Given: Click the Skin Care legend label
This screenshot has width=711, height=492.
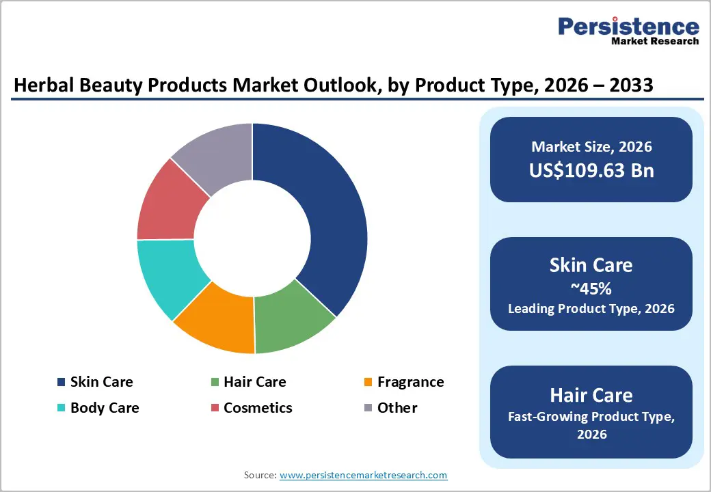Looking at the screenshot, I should point(101,382).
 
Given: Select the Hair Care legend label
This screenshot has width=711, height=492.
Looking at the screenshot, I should point(254,382).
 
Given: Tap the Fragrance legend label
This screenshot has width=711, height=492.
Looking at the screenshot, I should point(410,382).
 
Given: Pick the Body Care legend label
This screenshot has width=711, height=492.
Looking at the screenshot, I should point(105,408).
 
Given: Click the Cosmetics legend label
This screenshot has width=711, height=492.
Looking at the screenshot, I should point(258,408).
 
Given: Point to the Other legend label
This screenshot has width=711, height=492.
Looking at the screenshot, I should point(397,408).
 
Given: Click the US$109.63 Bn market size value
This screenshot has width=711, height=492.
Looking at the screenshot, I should point(591,170).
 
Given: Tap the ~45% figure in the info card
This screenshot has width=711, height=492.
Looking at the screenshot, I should point(591,288).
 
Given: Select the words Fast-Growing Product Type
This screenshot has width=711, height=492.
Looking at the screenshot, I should point(591,417).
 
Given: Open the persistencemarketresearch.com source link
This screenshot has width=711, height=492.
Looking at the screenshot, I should point(364,475).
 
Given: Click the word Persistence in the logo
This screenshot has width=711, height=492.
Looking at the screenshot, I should point(629,27).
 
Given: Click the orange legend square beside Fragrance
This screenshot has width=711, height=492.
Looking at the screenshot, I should point(368,382).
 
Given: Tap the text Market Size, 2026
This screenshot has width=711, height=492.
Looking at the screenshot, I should point(591,147).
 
